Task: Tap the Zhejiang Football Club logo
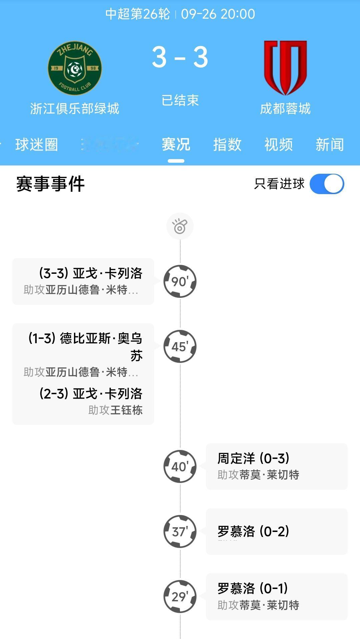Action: [75, 68]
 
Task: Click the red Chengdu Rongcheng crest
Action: [285, 68]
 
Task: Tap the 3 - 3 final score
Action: [180, 57]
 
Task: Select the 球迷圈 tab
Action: [37, 145]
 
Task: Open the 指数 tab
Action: [227, 145]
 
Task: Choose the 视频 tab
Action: [279, 145]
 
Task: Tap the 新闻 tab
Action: [330, 145]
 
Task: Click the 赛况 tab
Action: [176, 145]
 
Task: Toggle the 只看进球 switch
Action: [327, 184]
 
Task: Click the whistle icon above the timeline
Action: [180, 226]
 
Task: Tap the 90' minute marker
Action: [180, 281]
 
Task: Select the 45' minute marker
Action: [180, 347]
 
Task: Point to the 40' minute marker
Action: [180, 466]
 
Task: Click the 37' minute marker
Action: [180, 531]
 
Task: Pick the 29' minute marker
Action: [180, 596]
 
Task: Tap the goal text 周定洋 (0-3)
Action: [253, 459]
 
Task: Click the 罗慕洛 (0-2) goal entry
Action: [253, 531]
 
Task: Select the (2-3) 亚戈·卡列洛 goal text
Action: [91, 394]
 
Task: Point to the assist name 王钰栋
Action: [126, 410]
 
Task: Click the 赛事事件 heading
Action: [50, 184]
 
